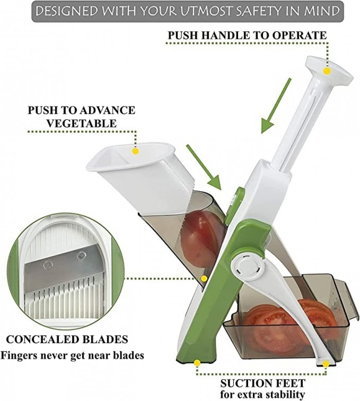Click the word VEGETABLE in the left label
click(81, 123)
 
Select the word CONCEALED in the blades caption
click(40, 339)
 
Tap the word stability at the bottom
click(284, 394)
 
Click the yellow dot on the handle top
click(326, 71)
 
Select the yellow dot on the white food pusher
click(136, 151)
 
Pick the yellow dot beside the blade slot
click(204, 279)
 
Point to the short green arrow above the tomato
click(204, 168)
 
